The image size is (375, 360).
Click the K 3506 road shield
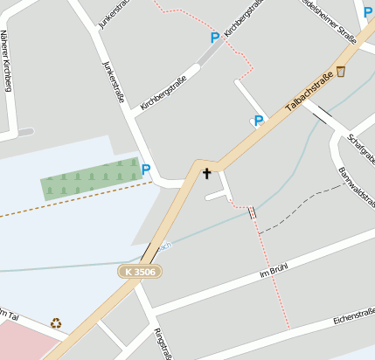[140, 272]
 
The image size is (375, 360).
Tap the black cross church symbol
[207, 173]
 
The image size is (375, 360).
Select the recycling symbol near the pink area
[56, 323]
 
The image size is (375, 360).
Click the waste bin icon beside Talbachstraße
[340, 71]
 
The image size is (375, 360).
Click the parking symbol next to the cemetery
[146, 170]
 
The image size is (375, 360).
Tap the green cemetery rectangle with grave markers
[91, 179]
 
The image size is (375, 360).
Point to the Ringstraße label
[163, 344]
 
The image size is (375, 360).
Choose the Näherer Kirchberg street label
[7, 60]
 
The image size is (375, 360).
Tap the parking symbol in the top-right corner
[368, 12]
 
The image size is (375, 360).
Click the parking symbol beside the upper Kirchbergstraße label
[214, 38]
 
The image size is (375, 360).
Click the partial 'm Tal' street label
[8, 315]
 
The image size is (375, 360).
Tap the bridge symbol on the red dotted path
[252, 212]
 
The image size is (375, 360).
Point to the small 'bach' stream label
[165, 246]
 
